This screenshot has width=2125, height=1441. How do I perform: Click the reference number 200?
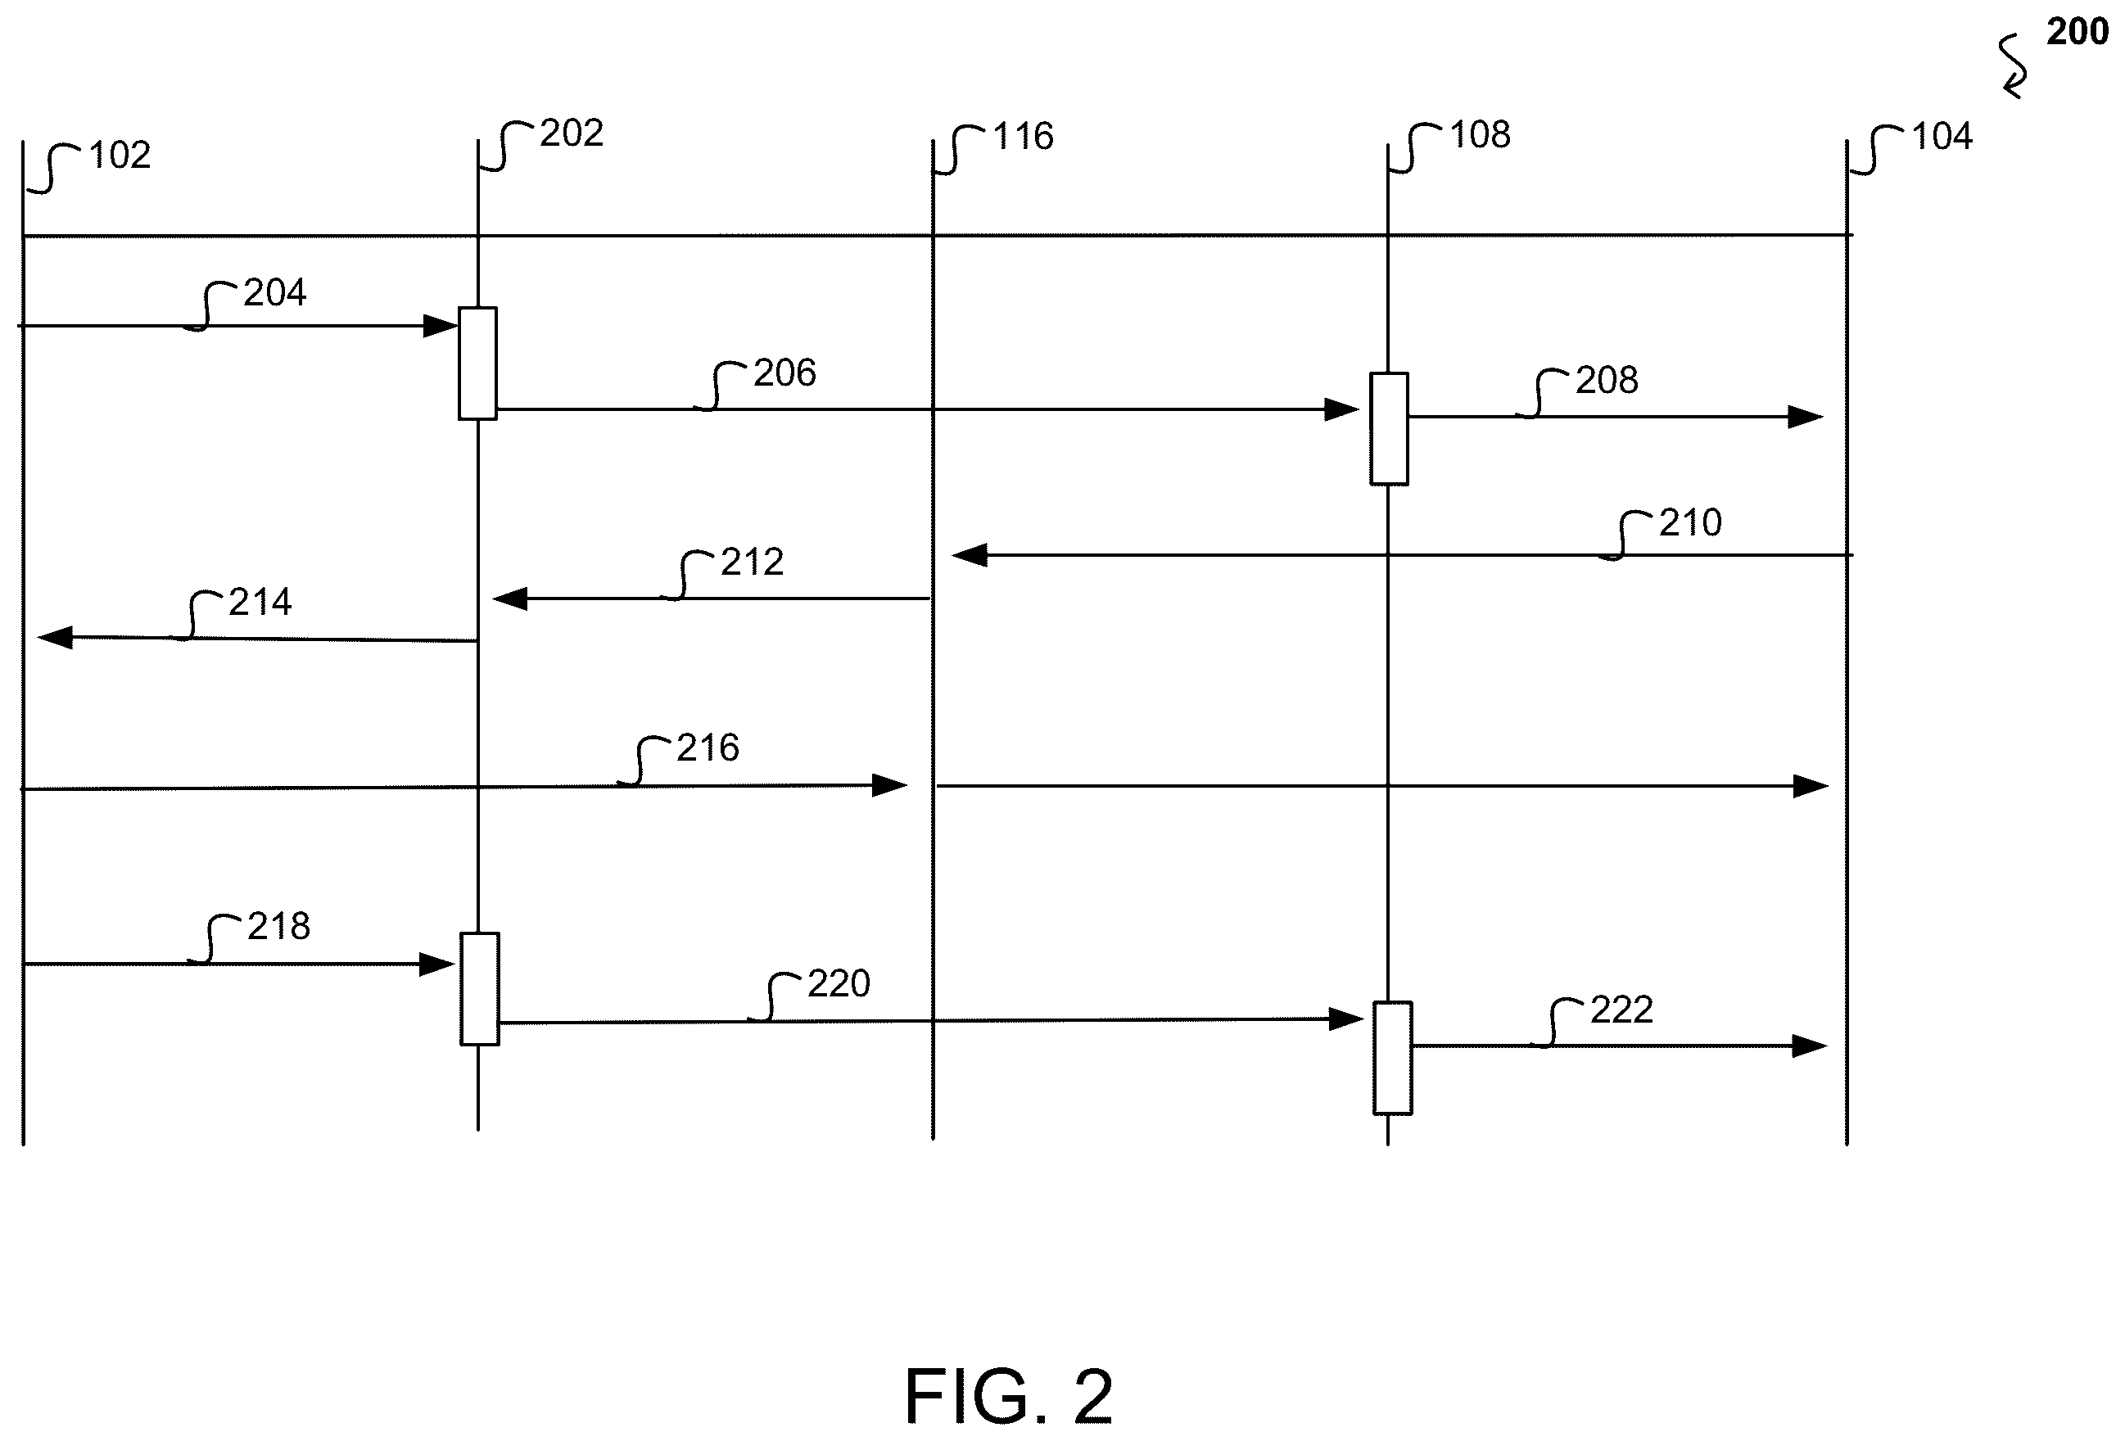click(2078, 32)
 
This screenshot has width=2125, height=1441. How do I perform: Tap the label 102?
click(120, 156)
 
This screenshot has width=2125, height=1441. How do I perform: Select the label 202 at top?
click(572, 133)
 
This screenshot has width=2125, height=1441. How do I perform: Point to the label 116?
click(1023, 136)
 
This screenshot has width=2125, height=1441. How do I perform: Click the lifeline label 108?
click(1481, 135)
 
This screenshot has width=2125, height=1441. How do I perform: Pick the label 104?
click(1942, 136)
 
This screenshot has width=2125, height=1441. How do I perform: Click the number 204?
click(275, 292)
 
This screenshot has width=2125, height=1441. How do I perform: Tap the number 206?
click(784, 373)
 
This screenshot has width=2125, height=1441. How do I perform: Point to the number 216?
click(708, 748)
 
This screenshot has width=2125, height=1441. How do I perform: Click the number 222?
click(1622, 1010)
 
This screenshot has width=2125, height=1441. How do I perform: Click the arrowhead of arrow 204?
click(441, 326)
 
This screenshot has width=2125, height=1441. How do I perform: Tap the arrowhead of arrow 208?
click(1806, 417)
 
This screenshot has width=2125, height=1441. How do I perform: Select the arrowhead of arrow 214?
click(55, 637)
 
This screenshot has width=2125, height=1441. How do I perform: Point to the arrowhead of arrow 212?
click(509, 599)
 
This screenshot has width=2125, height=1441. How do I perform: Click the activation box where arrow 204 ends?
click(477, 363)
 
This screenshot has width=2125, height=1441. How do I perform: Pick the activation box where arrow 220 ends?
click(1393, 1058)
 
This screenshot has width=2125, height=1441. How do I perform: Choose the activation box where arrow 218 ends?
click(479, 988)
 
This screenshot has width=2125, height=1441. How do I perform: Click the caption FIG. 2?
click(1010, 1396)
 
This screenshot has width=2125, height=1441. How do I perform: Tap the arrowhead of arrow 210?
click(970, 555)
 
